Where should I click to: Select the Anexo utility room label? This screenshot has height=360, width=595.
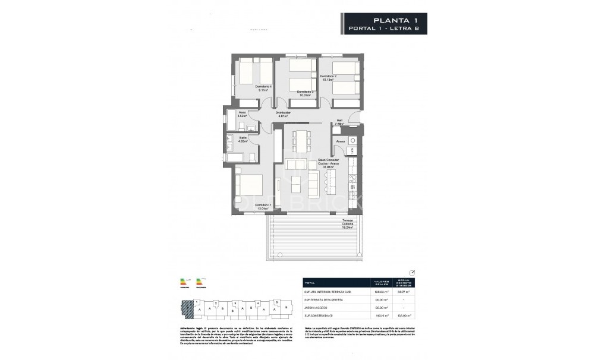[x=340, y=141]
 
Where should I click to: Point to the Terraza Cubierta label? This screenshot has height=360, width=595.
[x=347, y=223]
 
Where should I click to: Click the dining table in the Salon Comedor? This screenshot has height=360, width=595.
[x=301, y=141]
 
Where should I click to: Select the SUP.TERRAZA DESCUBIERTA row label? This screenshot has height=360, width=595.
[x=325, y=299]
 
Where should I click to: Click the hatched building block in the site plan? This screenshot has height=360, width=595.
[x=185, y=309]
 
